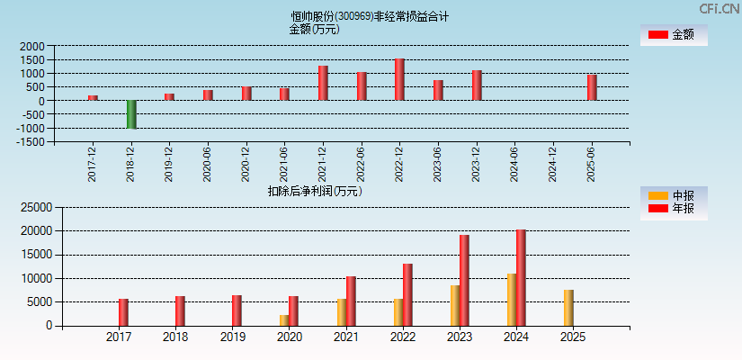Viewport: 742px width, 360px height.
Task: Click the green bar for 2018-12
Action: [131, 114]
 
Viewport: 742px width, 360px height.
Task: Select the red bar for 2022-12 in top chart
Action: [399, 80]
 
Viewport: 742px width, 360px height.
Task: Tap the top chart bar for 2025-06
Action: [592, 87]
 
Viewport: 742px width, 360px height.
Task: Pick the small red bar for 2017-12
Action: [93, 97]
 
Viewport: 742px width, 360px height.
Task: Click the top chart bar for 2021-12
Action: [323, 83]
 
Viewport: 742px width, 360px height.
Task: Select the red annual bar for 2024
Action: [521, 277]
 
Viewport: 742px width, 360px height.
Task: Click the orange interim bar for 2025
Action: [568, 308]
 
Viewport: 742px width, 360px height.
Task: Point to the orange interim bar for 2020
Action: [284, 319]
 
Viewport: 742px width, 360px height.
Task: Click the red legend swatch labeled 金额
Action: [657, 34]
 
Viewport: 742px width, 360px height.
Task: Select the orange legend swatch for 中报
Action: [658, 195]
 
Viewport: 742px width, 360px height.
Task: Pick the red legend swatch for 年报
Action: [658, 209]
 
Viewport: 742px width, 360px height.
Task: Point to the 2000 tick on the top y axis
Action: [32, 46]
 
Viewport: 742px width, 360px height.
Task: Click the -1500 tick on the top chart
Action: [31, 142]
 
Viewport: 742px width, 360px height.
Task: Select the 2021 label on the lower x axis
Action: [345, 337]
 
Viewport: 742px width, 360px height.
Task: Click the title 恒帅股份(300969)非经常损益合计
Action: [370, 16]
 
